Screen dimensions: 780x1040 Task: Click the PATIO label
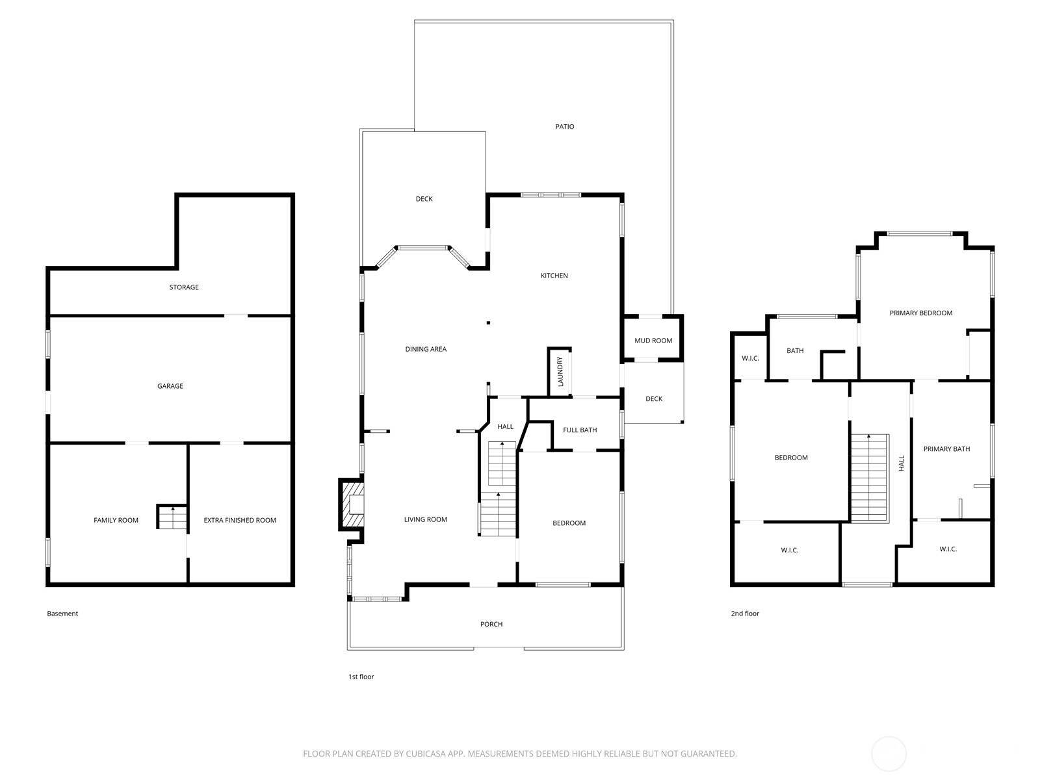point(564,127)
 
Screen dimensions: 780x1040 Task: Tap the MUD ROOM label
point(653,341)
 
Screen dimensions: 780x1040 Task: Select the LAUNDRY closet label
point(560,372)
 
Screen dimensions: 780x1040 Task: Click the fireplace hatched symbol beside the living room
point(352,505)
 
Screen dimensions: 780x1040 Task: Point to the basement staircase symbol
point(172,517)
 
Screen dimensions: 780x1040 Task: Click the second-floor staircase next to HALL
point(869,477)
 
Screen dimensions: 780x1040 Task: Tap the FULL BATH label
point(580,430)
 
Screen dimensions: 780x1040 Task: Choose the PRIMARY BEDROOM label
point(920,313)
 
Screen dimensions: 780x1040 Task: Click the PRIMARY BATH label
point(946,449)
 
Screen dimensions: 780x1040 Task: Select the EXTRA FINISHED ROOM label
point(240,520)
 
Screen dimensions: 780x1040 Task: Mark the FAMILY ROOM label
point(116,520)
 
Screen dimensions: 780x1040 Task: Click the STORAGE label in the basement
point(184,287)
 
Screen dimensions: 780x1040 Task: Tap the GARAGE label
point(170,386)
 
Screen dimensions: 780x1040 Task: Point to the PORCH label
point(491,625)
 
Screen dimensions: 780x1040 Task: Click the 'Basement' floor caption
point(62,614)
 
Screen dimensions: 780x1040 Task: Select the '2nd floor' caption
point(745,614)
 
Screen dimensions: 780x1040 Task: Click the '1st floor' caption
point(361,677)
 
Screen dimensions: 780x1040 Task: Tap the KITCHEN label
point(554,276)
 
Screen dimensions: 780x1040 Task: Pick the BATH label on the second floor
point(795,351)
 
